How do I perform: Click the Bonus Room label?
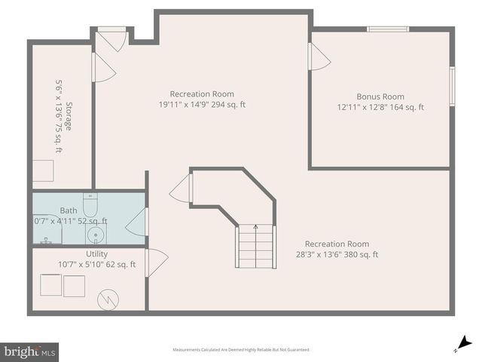pyautogui.click(x=380, y=97)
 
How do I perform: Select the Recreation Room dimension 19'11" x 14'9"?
pyautogui.click(x=202, y=105)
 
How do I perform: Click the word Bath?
pyautogui.click(x=69, y=210)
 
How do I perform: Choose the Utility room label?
pyautogui.click(x=96, y=254)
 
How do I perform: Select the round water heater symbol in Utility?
pyautogui.click(x=107, y=299)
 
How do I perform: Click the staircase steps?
pyautogui.click(x=255, y=247)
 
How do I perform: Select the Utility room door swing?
pyautogui.click(x=157, y=262)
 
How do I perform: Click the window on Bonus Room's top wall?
pyautogui.click(x=388, y=29)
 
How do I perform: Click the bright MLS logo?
pyautogui.click(x=29, y=351)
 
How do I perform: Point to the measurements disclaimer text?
pyautogui.click(x=240, y=350)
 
